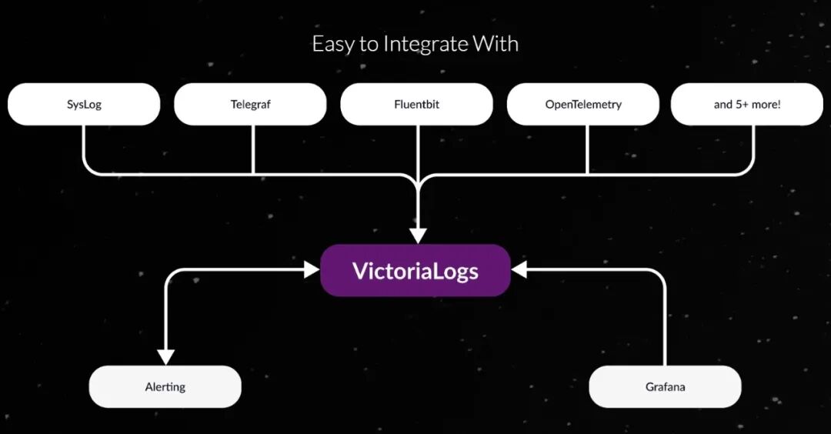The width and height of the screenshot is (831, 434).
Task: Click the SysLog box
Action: [84, 104]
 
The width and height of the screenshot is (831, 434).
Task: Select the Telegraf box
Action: [251, 104]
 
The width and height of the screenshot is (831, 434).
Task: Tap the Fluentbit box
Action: [416, 104]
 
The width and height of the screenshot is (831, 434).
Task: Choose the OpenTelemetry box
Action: [583, 104]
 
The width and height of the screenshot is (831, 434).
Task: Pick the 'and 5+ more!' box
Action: [746, 104]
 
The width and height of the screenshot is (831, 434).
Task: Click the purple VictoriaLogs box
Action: [415, 271]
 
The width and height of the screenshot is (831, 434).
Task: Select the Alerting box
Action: [165, 386]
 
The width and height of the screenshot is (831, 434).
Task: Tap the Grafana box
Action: [665, 386]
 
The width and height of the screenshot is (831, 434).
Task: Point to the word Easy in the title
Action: [331, 44]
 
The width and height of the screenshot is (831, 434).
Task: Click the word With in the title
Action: [497, 44]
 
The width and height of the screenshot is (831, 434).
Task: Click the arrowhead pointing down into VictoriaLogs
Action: [418, 234]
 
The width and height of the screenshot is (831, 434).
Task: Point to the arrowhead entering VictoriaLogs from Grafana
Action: [519, 269]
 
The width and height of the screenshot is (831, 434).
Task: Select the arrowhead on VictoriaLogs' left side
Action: [312, 269]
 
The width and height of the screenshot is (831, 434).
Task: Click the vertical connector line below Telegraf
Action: [253, 149]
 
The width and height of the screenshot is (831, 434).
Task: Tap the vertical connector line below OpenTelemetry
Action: [587, 149]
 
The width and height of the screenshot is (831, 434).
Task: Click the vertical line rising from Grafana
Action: [665, 323]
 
